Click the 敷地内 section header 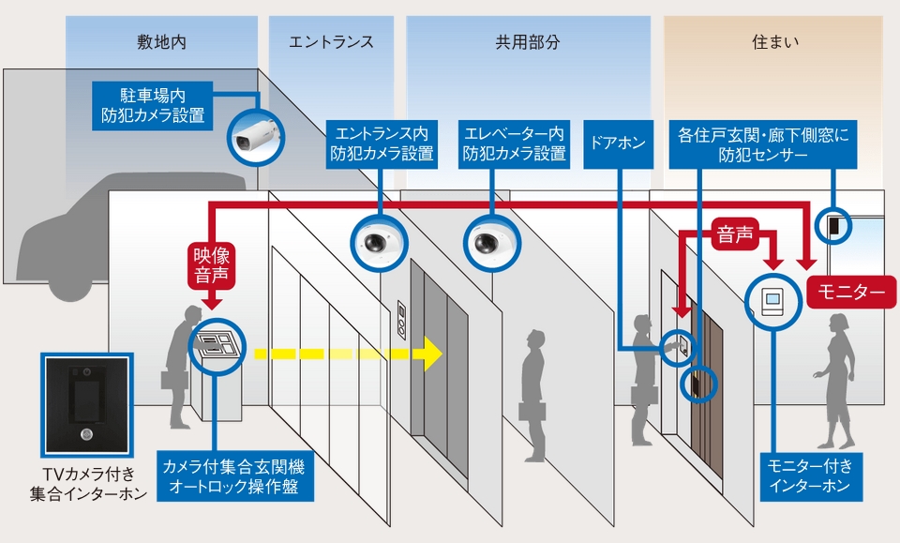161,42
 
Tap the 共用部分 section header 528,42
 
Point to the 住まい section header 774,42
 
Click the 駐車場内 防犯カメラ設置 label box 153,106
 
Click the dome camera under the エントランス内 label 380,242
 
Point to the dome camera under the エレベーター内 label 487,242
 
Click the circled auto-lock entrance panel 217,345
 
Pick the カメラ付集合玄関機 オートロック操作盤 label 233,476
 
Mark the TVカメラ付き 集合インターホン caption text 85,484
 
